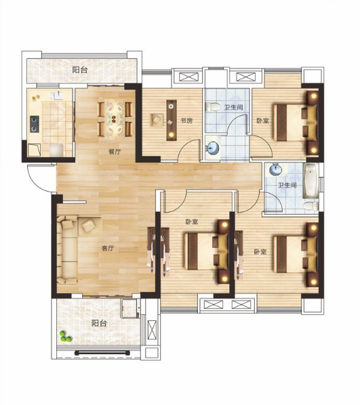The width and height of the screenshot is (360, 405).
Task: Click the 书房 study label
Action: pos(186,121)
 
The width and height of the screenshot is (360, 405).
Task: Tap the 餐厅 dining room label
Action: pos(115,152)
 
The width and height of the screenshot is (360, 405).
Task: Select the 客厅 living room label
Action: pos(108,249)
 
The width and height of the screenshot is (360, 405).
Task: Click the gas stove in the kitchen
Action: pos(35,124)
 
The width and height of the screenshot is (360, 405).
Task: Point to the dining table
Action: pos(115,119)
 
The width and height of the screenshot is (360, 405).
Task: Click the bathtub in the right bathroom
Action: pos(311,180)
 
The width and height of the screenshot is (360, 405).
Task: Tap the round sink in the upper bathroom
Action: pos(213,148)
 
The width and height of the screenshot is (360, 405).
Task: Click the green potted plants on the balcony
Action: pos(66,337)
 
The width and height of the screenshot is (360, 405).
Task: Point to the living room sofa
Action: pos(67,250)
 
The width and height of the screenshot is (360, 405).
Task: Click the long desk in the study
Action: pos(172,121)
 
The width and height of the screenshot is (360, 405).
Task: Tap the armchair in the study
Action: pos(157,120)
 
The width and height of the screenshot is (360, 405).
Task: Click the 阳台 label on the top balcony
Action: pos(80,70)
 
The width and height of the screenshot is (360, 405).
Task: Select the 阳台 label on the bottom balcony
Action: pos(99,323)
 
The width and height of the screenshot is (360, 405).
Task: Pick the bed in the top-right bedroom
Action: pos(296,122)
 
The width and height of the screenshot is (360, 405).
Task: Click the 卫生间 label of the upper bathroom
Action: pos(233,107)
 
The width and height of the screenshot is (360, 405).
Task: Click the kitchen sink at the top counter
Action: pos(58,95)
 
